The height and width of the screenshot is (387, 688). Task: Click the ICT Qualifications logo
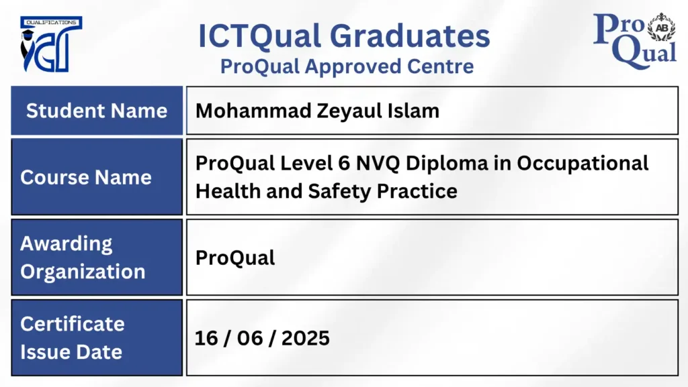pos(51,44)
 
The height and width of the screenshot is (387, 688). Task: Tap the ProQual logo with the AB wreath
pos(634,41)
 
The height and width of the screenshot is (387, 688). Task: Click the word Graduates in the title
pos(410,36)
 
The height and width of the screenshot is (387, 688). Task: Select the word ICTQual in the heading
pos(259,36)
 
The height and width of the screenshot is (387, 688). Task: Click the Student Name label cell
pos(97,110)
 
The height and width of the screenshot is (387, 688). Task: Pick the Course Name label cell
pos(97,177)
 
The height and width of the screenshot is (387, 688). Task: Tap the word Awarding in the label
pos(67,244)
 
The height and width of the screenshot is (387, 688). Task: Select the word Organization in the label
pos(83,272)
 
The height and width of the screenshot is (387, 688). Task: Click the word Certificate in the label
pos(73,324)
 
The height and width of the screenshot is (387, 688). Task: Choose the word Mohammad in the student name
pos(253,111)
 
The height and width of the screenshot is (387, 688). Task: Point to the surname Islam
pos(413,111)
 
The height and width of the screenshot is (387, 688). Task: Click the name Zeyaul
pos(349,111)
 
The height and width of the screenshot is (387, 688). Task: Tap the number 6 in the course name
pos(344,163)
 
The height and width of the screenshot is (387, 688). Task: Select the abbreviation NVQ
pos(378,163)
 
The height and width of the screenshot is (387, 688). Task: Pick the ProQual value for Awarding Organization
pos(235,258)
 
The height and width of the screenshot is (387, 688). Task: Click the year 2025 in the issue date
pos(306,339)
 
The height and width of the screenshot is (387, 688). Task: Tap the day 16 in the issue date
pos(206,339)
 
